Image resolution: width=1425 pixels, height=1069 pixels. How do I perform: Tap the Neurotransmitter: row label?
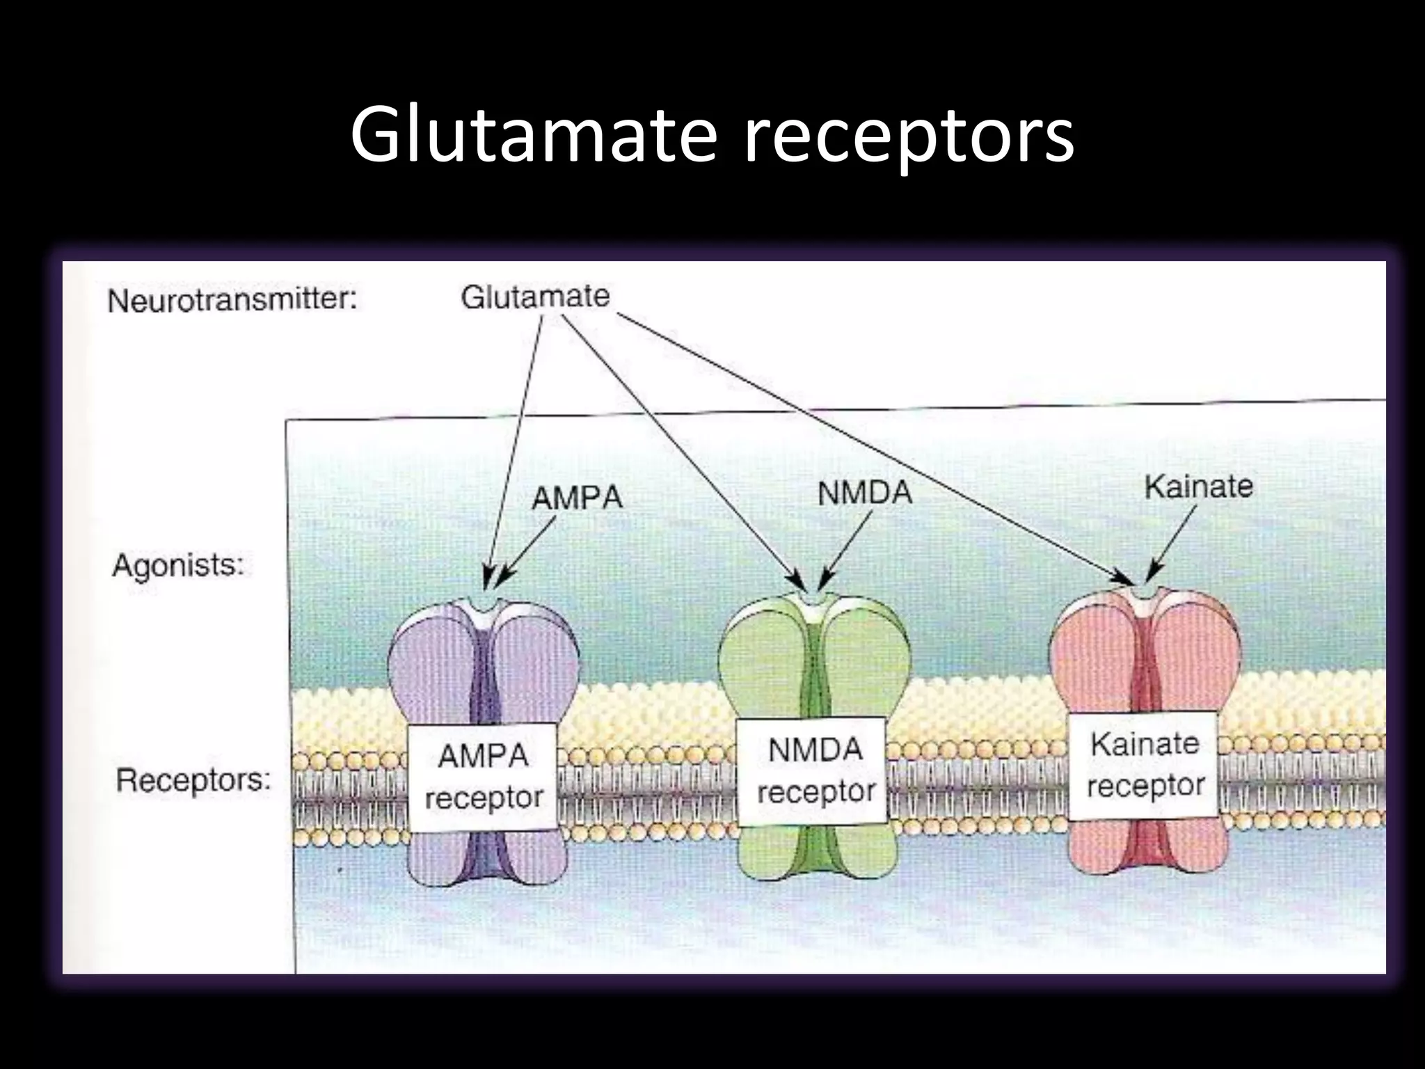(x=232, y=301)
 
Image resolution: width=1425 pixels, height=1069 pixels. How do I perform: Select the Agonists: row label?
(x=178, y=566)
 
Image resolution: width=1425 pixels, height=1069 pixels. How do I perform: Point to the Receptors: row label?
(x=193, y=780)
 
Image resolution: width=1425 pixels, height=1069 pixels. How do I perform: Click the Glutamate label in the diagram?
(x=535, y=297)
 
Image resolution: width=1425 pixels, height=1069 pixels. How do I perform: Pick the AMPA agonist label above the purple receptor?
(x=577, y=498)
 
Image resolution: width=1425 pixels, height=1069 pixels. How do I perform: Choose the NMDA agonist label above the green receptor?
(x=864, y=493)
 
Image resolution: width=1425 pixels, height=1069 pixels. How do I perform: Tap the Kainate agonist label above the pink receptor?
(x=1198, y=486)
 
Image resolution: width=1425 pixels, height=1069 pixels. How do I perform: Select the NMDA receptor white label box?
(x=814, y=771)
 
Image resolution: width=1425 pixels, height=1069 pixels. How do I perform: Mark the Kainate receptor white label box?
(x=1144, y=765)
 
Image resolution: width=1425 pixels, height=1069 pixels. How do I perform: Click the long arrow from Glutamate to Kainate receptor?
(x=870, y=445)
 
